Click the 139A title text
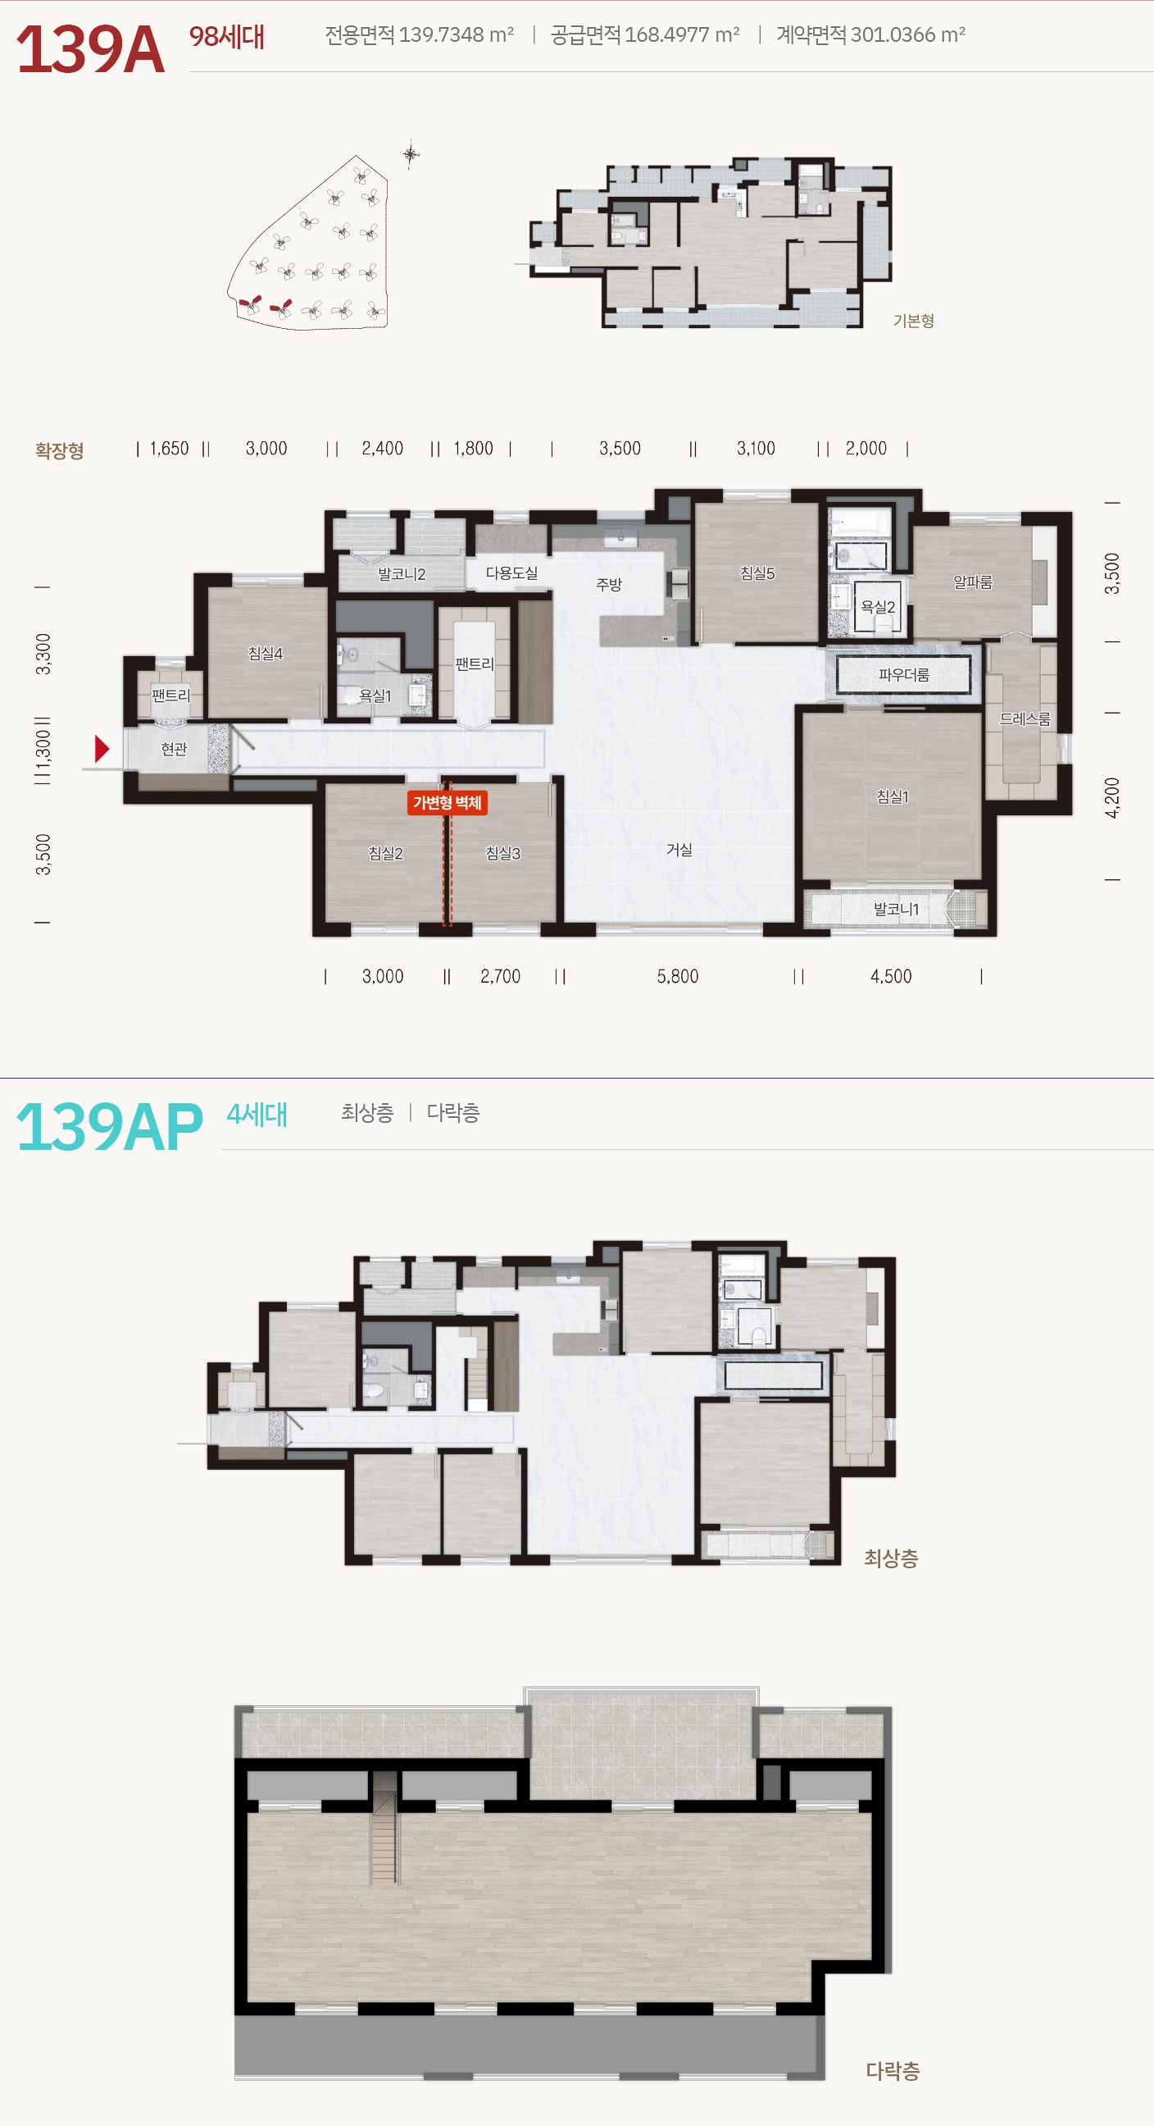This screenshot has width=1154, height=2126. point(91,50)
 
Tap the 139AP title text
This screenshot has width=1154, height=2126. point(110,1126)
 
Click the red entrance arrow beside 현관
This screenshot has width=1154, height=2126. point(102,749)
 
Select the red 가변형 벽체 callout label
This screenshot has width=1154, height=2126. point(447,803)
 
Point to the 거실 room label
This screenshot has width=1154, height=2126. point(679,849)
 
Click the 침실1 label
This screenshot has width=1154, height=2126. point(892,796)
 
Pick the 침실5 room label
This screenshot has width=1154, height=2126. point(757,573)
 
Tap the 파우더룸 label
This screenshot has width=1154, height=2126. point(903,674)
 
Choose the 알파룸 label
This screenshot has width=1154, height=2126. point(973,582)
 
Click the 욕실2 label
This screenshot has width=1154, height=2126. point(878,607)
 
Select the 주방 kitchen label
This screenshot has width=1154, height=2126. point(609,584)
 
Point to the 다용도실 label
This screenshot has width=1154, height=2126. point(511,573)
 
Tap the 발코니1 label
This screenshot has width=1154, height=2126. point(896,909)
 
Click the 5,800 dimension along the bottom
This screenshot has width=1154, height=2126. point(677,976)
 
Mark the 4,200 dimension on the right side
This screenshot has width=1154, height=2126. point(1113,797)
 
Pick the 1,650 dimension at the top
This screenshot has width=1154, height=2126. point(169,448)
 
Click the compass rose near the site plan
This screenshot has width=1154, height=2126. point(410,154)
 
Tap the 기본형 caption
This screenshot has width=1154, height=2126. point(913,320)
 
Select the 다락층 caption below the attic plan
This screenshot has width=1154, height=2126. point(892,2071)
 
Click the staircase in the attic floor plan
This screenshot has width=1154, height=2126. point(384,1827)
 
